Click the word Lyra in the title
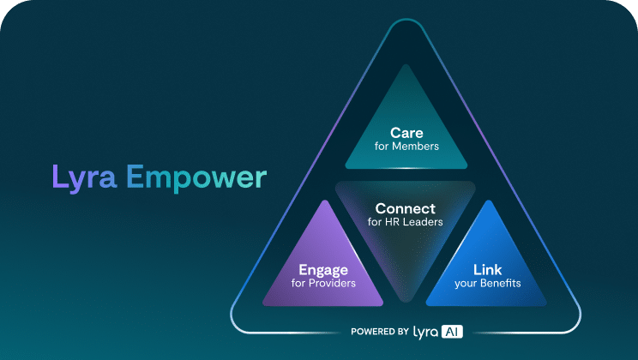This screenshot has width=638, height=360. (85, 178)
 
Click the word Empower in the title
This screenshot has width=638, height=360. (196, 178)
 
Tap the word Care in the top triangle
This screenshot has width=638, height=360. (406, 133)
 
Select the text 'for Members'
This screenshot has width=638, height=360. (406, 146)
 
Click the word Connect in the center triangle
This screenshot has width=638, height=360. (406, 208)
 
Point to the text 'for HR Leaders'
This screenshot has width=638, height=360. (406, 222)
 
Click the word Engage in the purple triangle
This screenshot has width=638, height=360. (323, 270)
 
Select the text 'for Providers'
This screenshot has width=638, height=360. (323, 283)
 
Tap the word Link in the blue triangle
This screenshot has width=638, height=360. (487, 269)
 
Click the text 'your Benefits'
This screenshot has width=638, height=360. (487, 283)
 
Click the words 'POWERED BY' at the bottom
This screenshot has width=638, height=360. (380, 332)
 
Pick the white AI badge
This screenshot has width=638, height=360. (452, 332)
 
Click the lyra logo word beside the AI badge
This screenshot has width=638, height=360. (425, 333)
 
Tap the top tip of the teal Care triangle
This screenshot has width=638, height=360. (406, 64)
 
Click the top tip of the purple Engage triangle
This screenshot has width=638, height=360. (324, 201)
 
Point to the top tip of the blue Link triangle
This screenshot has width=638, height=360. (488, 201)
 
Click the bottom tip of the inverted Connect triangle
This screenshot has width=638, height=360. (406, 302)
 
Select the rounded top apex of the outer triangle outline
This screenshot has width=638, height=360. (406, 19)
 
